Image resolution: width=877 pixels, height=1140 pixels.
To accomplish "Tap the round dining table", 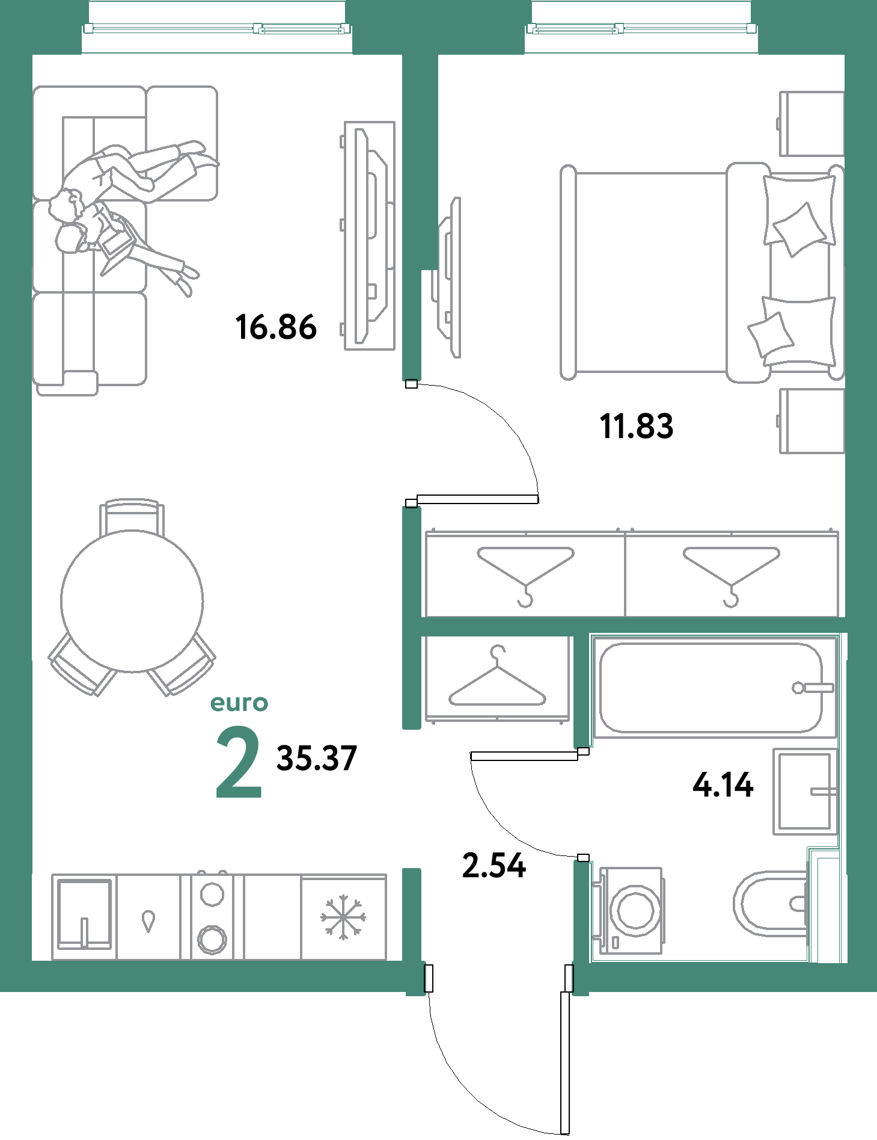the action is [x=132, y=601].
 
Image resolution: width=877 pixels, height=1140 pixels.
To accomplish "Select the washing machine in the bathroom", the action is [x=628, y=911].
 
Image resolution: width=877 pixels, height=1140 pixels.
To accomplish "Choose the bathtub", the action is [x=715, y=688].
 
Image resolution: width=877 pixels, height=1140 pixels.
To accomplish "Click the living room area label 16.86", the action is [x=276, y=328].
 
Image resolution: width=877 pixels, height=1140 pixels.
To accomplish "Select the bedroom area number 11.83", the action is [x=637, y=427].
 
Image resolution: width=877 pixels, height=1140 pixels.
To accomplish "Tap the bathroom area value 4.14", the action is [x=723, y=785].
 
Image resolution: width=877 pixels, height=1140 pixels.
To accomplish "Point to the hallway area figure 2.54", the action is [x=494, y=866].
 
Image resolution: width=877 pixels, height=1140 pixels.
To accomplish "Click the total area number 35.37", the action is [x=317, y=758].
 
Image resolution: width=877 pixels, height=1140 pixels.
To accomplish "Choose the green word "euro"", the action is [x=239, y=703].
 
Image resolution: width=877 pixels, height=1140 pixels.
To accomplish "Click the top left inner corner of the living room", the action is [x=32, y=55].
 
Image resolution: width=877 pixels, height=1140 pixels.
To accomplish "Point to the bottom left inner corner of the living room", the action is [x=32, y=960].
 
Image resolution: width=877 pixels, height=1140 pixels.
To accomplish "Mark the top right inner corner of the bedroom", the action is [x=845, y=55].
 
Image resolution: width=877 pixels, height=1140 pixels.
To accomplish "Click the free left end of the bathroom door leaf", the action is [x=473, y=756].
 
